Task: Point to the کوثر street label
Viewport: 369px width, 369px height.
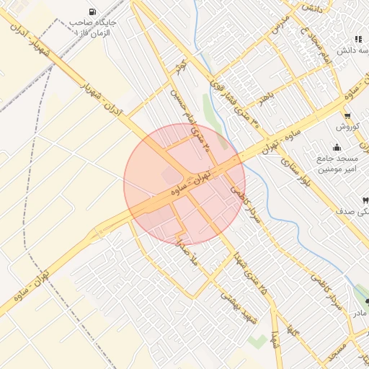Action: coord(180,68)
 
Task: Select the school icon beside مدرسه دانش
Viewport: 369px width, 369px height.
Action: coord(358,40)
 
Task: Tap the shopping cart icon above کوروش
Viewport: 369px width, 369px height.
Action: coord(348,115)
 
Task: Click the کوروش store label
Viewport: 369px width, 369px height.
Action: coord(347,127)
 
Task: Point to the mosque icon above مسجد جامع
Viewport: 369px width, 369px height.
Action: coord(337,148)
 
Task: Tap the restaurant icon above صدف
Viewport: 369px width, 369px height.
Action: coord(365,200)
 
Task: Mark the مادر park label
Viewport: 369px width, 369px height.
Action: coord(359,313)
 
